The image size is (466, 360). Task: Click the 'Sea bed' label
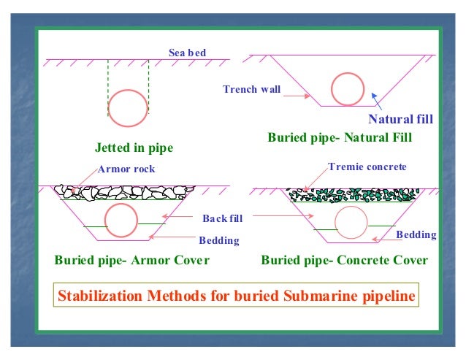[x=187, y=53]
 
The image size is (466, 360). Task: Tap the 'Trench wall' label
[x=251, y=90]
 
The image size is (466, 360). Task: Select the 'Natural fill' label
[x=401, y=120]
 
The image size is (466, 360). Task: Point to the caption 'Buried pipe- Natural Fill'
[x=340, y=137]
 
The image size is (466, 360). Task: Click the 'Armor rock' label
[x=126, y=169]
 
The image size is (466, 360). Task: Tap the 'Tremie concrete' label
[x=367, y=167]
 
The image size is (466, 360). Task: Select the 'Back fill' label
[x=222, y=218]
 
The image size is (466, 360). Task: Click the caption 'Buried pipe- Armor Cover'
[x=131, y=260]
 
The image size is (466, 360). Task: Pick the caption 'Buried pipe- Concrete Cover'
[x=344, y=260]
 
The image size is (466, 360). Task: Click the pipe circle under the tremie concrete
[x=351, y=221]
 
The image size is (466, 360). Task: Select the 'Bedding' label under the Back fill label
[x=218, y=240]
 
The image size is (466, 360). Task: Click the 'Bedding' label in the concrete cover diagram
[x=416, y=235]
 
